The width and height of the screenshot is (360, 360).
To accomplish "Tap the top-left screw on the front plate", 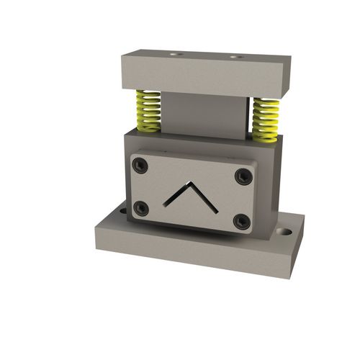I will (141, 166).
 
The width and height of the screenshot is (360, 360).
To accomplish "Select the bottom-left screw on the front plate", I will (142, 208).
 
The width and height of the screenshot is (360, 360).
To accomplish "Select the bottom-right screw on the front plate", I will (242, 221).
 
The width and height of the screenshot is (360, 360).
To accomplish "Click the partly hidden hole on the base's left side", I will (122, 211).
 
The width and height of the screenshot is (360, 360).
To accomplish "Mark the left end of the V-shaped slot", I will (165, 204).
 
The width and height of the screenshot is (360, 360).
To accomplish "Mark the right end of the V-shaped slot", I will (217, 212).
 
